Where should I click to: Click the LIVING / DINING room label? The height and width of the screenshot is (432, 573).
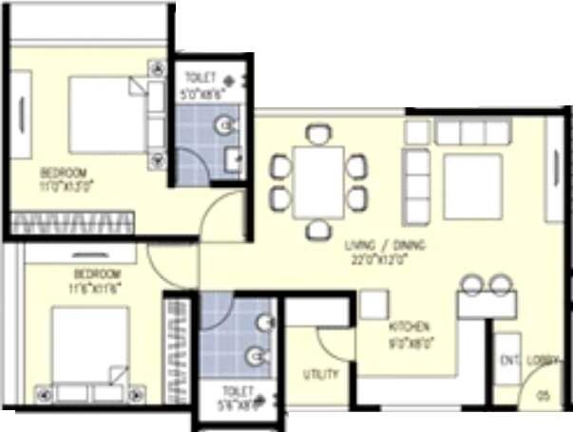[386, 245]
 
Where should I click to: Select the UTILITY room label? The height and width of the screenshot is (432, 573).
[320, 374]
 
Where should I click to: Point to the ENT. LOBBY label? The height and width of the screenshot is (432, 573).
[529, 360]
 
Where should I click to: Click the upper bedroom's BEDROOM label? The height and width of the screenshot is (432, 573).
[64, 173]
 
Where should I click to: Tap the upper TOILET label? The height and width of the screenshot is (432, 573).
[200, 77]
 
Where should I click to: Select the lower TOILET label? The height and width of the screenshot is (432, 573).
[237, 390]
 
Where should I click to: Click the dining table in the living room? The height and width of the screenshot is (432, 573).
[318, 181]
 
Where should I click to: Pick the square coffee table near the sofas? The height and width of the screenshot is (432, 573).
[471, 186]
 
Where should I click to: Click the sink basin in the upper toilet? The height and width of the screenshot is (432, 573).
[223, 124]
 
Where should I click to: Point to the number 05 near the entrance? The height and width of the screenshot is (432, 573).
[544, 394]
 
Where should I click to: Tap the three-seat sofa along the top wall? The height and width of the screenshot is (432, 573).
[472, 132]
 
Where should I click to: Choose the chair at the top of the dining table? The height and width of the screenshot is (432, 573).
[318, 134]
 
